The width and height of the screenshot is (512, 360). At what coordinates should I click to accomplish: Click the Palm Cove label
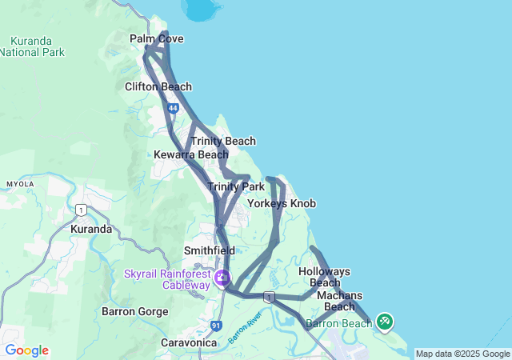pos(157,38)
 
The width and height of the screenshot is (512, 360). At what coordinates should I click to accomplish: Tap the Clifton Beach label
pos(158,86)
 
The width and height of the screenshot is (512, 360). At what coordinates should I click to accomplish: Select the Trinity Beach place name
pos(223,141)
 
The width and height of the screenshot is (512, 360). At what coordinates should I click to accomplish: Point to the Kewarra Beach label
pos(191,154)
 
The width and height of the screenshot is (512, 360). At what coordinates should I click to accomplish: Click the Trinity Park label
pos(236,186)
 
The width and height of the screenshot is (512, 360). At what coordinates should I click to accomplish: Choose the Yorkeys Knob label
pos(282,204)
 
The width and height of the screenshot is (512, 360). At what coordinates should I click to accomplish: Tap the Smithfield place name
pos(209,250)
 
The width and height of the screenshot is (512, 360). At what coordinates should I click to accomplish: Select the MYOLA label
pos(21,184)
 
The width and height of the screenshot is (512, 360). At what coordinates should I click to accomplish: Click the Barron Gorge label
pos(135,310)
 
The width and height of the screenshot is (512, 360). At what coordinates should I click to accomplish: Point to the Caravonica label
pos(189,342)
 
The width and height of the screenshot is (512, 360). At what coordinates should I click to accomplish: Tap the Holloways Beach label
pos(324,277)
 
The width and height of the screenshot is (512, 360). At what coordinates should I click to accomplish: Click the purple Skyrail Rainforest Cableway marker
pos(222,279)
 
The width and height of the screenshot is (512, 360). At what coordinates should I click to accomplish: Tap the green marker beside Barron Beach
pos(384,322)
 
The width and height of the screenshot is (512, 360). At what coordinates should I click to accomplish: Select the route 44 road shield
pos(173,108)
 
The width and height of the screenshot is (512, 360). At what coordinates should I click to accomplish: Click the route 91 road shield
pos(217,326)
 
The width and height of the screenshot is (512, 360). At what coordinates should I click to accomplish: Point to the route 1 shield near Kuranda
pos(80,210)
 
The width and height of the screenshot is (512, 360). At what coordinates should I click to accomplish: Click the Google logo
pos(26,350)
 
